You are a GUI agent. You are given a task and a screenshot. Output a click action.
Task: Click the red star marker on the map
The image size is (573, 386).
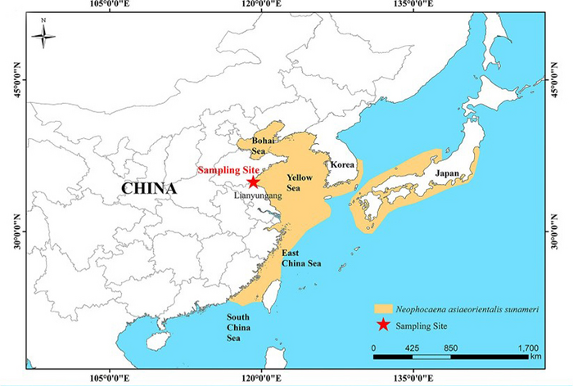point(253,182)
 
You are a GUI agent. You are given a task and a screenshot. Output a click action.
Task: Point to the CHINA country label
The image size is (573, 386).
point(149,188)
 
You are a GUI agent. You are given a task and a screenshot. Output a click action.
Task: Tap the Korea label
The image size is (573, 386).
point(341,165)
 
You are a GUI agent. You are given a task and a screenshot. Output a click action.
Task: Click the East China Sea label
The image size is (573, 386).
point(301,258)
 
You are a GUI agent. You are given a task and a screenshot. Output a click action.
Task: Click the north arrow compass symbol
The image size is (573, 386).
point(43,35)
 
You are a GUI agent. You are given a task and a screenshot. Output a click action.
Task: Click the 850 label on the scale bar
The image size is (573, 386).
point(449,348)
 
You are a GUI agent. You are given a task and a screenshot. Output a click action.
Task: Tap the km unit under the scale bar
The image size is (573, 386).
point(535,357)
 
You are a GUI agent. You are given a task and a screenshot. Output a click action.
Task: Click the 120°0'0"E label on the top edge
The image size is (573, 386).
point(259,6)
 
